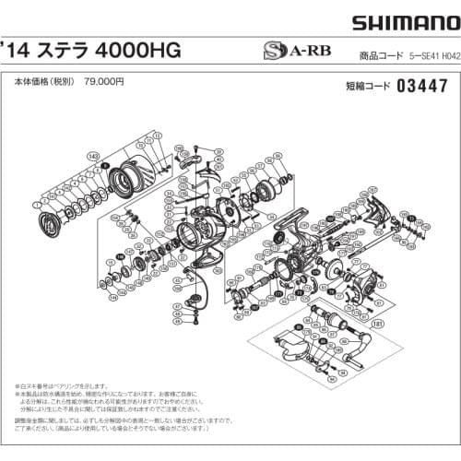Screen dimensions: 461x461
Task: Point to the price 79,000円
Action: [104, 79]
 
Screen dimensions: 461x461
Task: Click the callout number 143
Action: [93, 157]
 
